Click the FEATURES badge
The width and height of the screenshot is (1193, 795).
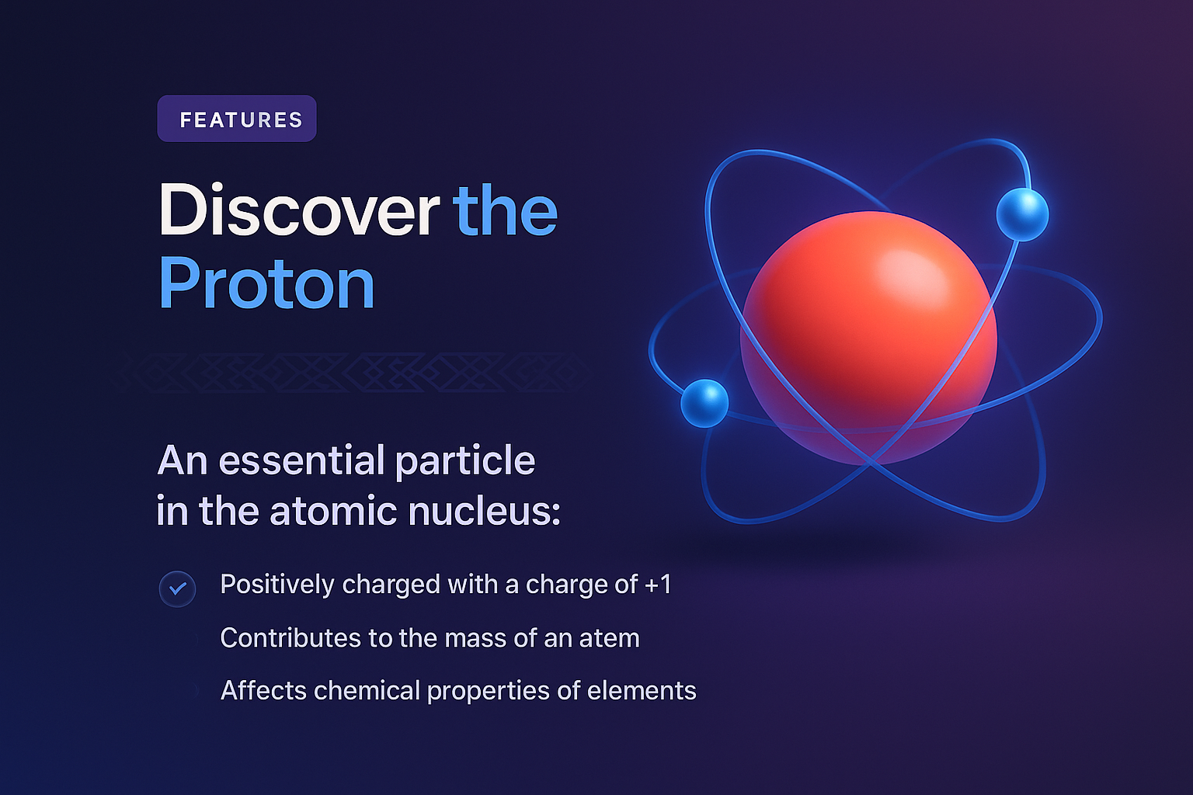237,119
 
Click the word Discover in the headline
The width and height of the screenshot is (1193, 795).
299,210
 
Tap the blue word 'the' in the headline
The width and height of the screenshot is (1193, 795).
505,210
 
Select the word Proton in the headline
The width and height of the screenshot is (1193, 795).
266,284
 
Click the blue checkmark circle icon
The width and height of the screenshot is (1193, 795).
178,588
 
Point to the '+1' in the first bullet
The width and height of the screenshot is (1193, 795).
658,584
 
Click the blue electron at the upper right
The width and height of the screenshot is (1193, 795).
1022,214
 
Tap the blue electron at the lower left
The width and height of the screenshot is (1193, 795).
704,403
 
